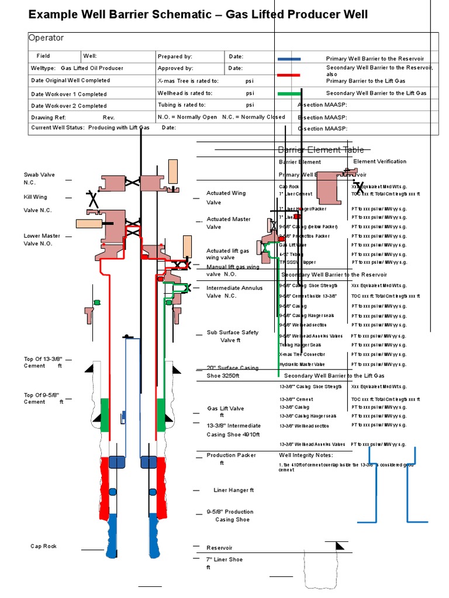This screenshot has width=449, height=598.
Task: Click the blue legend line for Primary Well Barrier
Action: [289, 59]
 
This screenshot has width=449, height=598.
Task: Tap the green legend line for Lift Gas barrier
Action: [289, 93]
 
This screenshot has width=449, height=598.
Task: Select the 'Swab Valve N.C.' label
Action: [39, 178]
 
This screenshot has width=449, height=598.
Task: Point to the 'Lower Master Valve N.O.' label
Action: [42, 239]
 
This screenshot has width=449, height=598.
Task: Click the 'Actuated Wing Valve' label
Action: [226, 197]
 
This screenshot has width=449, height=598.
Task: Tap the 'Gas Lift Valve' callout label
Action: [226, 408]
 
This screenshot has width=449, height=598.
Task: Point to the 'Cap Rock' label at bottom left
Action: [43, 546]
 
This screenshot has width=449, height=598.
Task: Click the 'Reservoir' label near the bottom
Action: [219, 548]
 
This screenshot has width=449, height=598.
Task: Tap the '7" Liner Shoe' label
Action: [224, 559]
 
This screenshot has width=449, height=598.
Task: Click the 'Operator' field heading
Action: [46, 38]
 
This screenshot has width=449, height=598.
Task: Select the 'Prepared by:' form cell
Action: [175, 57]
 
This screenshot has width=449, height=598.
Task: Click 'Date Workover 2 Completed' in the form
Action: [68, 106]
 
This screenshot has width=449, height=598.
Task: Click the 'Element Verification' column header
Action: [379, 161]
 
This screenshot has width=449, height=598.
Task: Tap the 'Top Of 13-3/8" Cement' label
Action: [43, 361]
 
